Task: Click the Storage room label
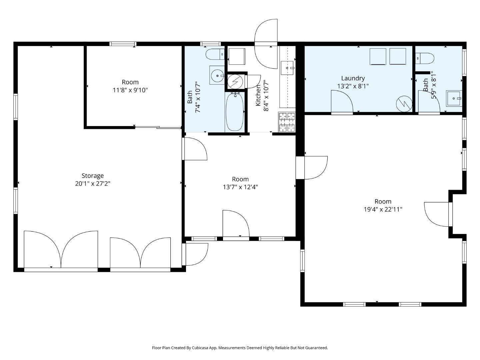[93, 176]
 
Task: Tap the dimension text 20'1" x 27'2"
[93, 184]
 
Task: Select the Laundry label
[353, 78]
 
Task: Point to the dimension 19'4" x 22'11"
[383, 209]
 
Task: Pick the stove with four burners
[287, 122]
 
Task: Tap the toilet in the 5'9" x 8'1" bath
[424, 58]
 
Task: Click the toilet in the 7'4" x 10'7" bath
[215, 54]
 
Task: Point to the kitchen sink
[287, 68]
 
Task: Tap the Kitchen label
[258, 96]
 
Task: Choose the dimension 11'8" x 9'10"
[130, 90]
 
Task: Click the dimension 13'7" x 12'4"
[240, 187]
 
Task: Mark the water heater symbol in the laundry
[404, 104]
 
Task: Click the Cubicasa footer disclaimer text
[240, 348]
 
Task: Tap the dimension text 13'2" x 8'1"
[353, 86]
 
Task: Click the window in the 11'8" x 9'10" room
[123, 44]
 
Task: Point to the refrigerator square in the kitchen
[237, 56]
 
